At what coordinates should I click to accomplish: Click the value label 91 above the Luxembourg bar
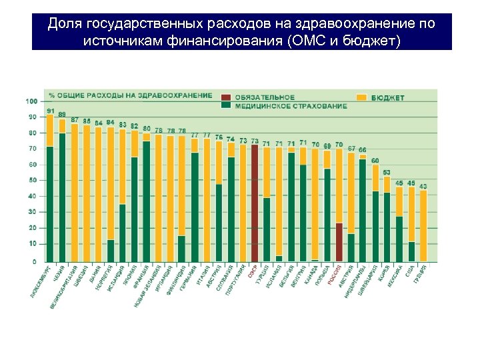coord(50,111)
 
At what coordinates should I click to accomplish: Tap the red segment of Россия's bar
coord(339,241)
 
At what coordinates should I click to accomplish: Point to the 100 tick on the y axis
coord(31,101)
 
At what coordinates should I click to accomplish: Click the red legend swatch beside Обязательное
coord(227,97)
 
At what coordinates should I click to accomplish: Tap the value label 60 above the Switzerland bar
coord(375,161)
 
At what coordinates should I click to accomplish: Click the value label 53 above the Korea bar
coord(387,172)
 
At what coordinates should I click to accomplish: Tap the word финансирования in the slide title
coord(215,41)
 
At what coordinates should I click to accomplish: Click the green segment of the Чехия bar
coord(62,197)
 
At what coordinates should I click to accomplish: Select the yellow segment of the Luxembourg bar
coord(50,130)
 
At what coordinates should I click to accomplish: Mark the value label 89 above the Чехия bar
coord(62,114)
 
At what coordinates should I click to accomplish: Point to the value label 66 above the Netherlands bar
coord(363,149)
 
